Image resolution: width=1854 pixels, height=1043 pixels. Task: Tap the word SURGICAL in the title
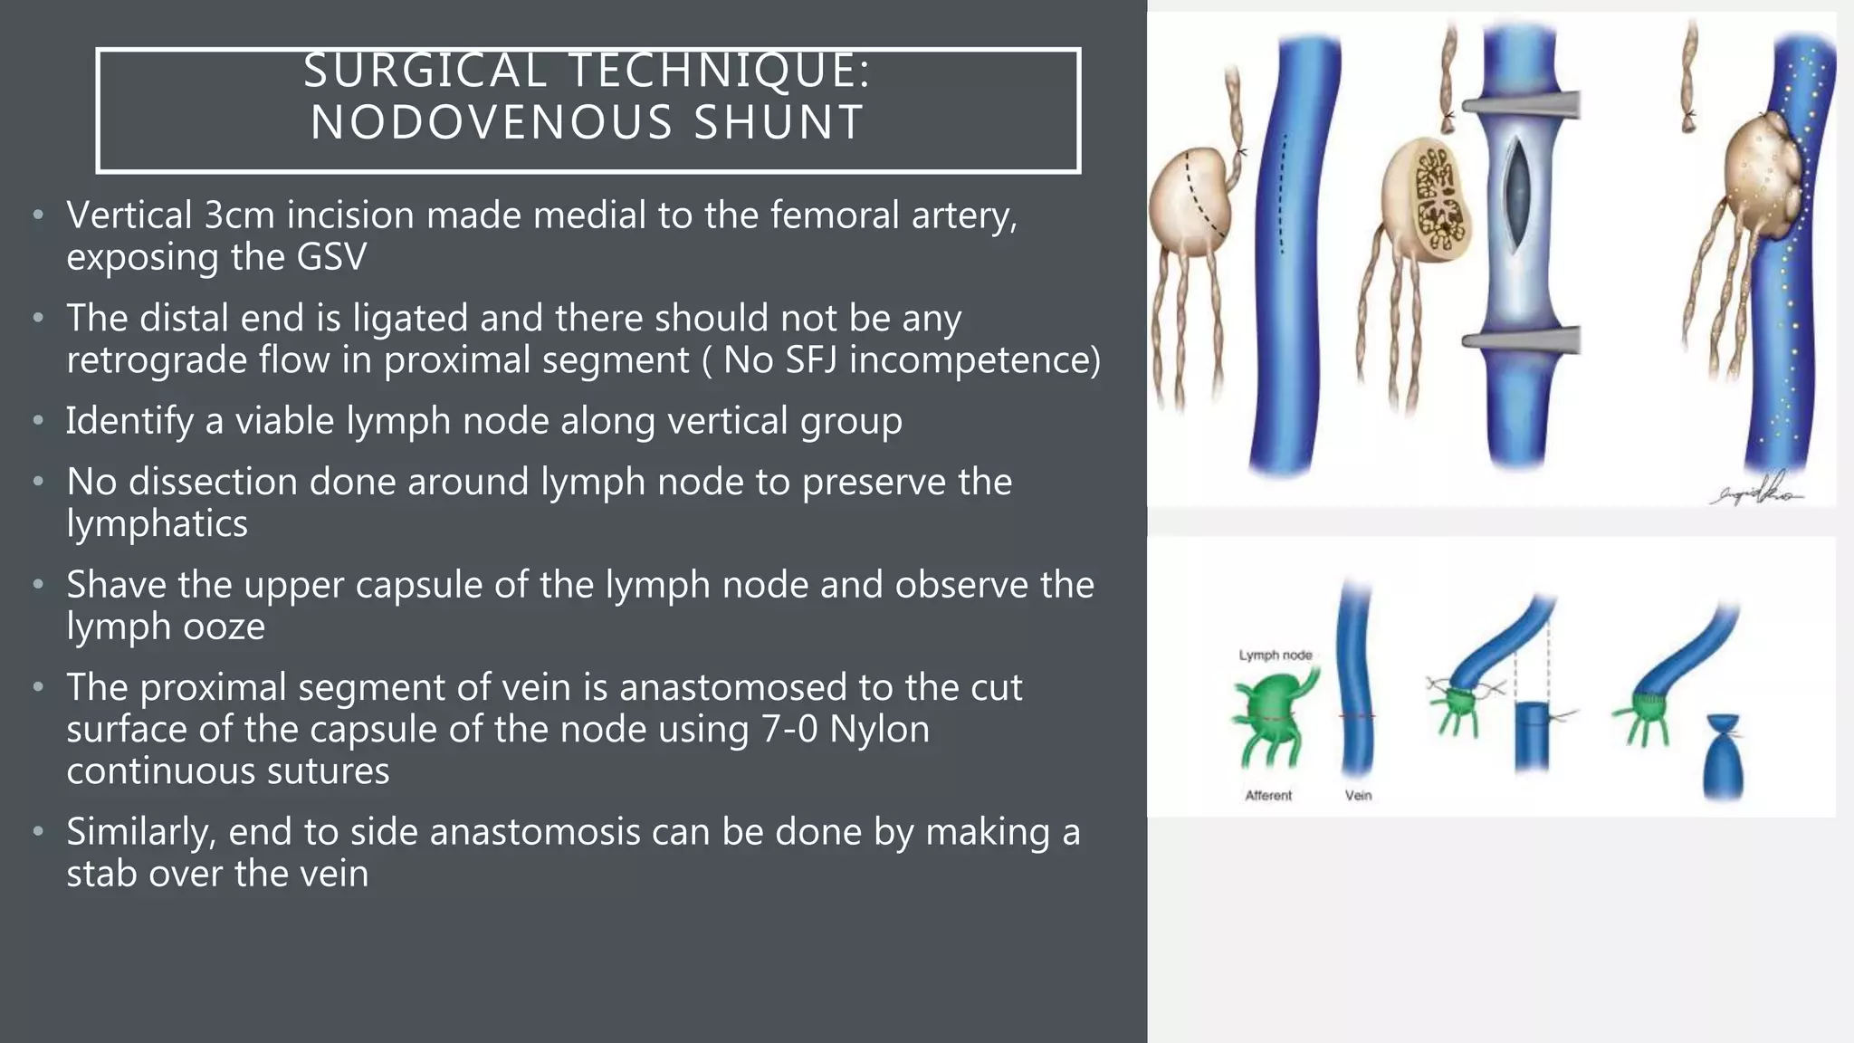[x=425, y=71]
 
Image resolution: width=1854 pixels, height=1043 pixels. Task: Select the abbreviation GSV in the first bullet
[x=331, y=257]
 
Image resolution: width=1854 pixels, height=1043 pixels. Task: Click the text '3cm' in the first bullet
[x=239, y=215]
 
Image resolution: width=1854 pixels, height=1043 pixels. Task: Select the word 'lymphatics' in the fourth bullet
[x=157, y=524]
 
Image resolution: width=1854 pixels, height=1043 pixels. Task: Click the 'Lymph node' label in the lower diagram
[x=1276, y=655]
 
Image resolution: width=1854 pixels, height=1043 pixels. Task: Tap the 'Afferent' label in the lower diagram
[x=1268, y=795]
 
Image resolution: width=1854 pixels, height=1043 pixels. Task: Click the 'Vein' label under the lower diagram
[x=1358, y=795]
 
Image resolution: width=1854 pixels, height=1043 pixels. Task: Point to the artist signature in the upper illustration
[x=1756, y=489]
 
